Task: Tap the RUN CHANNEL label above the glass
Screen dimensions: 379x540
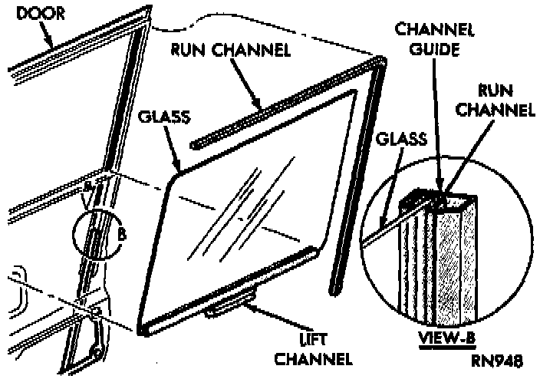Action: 230,51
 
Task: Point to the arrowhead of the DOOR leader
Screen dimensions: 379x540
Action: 54,48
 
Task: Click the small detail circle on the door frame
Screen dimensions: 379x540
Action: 97,233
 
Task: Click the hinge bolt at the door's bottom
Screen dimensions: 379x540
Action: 96,352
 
